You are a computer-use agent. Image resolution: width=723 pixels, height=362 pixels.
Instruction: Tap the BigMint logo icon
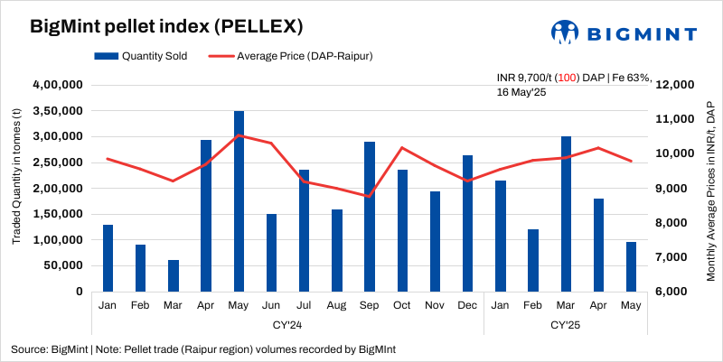click(566, 32)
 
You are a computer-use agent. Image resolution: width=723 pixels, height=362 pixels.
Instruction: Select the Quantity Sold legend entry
click(141, 56)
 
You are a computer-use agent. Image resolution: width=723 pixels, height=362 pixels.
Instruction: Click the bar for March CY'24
click(174, 275)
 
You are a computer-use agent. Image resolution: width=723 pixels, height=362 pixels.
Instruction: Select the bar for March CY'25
click(566, 214)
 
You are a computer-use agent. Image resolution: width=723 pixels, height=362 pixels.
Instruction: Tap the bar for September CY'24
click(370, 217)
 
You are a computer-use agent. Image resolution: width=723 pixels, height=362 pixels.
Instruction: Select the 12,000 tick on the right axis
click(671, 85)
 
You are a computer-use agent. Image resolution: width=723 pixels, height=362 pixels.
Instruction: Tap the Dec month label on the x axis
click(467, 306)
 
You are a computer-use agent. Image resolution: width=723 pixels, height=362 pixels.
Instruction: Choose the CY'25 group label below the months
click(566, 324)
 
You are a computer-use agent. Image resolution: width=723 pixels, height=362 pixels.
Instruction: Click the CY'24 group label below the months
click(287, 324)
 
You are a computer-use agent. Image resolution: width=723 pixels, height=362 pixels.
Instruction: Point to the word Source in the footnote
click(29, 348)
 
